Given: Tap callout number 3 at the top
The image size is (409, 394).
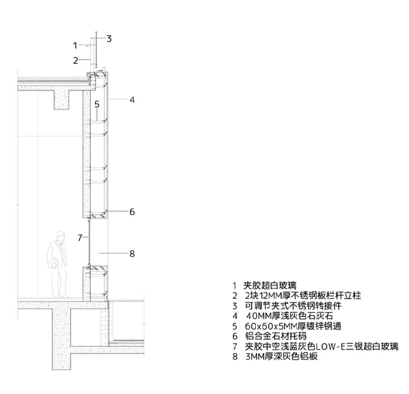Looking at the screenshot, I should (109, 39).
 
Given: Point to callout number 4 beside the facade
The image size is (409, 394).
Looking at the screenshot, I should (132, 99).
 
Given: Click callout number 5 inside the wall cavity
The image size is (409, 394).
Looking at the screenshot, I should (97, 104).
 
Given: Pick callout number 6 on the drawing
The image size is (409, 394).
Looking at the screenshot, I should (132, 212).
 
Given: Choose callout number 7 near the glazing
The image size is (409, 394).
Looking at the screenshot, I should (80, 237).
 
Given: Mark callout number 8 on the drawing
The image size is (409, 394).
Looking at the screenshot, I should (132, 254).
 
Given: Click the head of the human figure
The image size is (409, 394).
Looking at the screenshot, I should (59, 237).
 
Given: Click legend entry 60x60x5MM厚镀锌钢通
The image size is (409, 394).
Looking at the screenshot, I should (293, 326).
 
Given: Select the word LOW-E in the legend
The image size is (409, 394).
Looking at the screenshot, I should (326, 347).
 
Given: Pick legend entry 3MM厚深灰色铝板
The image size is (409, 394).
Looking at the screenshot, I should (281, 357).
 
